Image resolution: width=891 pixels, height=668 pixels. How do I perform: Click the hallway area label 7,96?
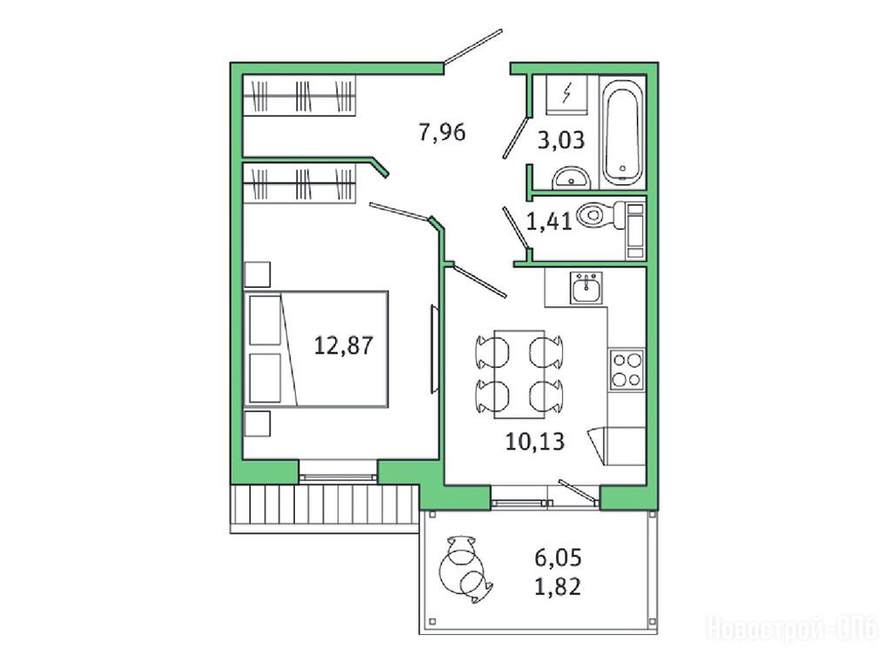tap(442, 132)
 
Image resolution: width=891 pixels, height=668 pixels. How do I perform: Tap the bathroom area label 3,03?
tap(561, 140)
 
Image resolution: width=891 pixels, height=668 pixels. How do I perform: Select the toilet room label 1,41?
tap(549, 221)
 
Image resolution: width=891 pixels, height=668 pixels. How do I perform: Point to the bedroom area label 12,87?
tap(344, 345)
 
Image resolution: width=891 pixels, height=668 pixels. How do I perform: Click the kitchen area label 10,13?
tap(535, 441)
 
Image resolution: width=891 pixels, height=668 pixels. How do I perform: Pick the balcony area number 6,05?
tap(558, 558)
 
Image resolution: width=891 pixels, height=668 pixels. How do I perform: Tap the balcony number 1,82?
tap(558, 586)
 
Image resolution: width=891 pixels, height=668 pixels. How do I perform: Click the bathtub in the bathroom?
tap(623, 132)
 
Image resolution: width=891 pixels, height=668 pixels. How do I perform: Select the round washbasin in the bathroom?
tap(573, 177)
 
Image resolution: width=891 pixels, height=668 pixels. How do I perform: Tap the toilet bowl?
tap(601, 216)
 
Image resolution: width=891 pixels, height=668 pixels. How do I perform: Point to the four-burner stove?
tap(626, 370)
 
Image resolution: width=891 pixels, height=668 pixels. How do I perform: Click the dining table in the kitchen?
tap(519, 374)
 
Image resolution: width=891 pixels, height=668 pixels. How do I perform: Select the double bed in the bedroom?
tap(317, 349)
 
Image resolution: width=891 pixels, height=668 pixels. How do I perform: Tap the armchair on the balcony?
tap(465, 569)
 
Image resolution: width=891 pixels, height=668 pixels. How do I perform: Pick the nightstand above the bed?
tap(258, 274)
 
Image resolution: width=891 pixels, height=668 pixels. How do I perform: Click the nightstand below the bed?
tap(258, 424)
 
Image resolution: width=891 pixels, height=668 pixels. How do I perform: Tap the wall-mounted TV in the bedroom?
tap(434, 349)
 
